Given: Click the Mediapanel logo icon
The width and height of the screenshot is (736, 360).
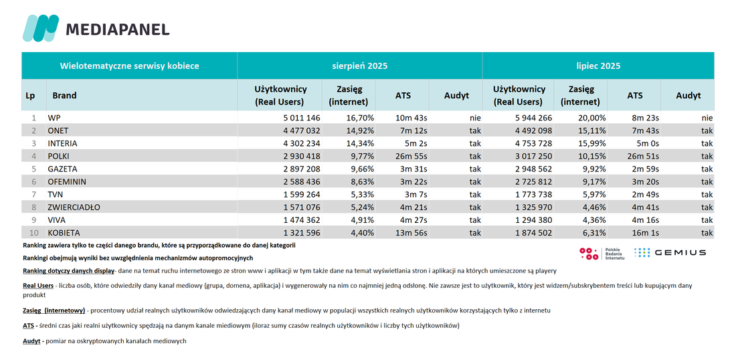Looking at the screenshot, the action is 41,28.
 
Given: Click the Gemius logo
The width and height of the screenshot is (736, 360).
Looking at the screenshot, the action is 670,252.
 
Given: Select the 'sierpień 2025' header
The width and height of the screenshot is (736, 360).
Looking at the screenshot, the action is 359,66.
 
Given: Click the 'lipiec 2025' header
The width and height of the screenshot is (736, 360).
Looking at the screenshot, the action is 598,66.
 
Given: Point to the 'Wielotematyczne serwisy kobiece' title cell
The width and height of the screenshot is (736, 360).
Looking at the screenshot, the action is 130,66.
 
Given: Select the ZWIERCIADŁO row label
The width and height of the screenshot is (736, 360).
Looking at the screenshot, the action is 74,207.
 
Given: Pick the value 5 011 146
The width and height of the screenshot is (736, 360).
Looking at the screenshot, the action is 298,118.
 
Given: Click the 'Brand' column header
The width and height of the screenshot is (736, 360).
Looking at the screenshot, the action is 64,95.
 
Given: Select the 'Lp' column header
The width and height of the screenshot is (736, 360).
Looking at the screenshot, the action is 29,95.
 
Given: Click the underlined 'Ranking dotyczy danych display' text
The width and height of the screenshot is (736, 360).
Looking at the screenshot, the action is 68,271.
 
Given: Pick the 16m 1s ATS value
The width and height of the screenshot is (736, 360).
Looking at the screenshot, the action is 645,233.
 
